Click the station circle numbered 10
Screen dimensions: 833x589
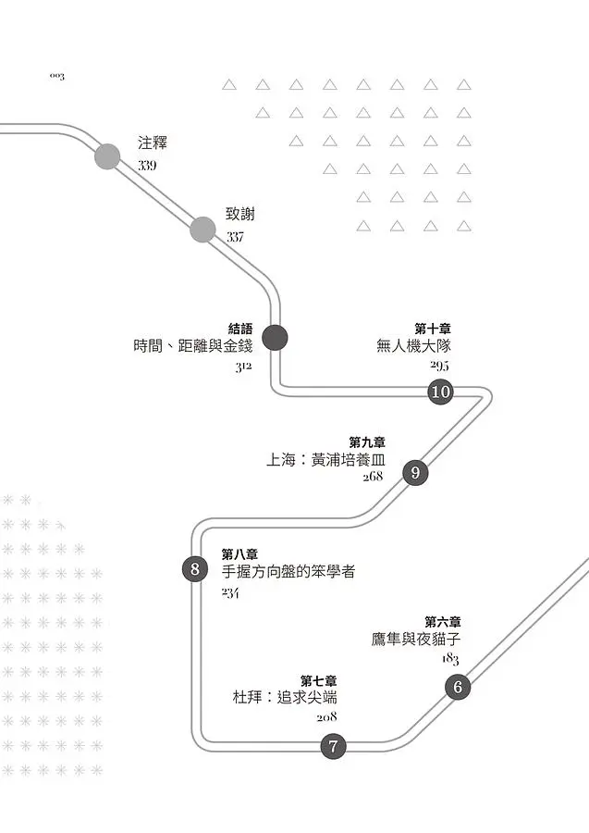[440, 392]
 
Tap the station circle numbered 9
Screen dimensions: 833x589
[415, 473]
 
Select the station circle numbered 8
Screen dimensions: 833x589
[195, 569]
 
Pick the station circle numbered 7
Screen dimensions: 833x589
[334, 746]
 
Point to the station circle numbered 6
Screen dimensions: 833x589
[458, 688]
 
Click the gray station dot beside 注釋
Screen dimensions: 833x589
[107, 156]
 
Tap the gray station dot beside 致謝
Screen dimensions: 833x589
[202, 230]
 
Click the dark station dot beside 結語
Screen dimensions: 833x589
[275, 338]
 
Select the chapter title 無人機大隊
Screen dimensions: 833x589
[412, 346]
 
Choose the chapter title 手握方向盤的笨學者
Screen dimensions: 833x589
[288, 572]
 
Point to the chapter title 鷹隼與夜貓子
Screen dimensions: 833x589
[415, 639]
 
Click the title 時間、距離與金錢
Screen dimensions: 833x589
[192, 346]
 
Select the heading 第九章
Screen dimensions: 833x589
[367, 441]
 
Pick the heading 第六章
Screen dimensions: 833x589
[443, 621]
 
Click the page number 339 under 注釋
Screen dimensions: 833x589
[147, 166]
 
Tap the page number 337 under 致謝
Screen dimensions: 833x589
[236, 237]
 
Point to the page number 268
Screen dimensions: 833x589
[373, 477]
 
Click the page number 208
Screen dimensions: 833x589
[326, 716]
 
